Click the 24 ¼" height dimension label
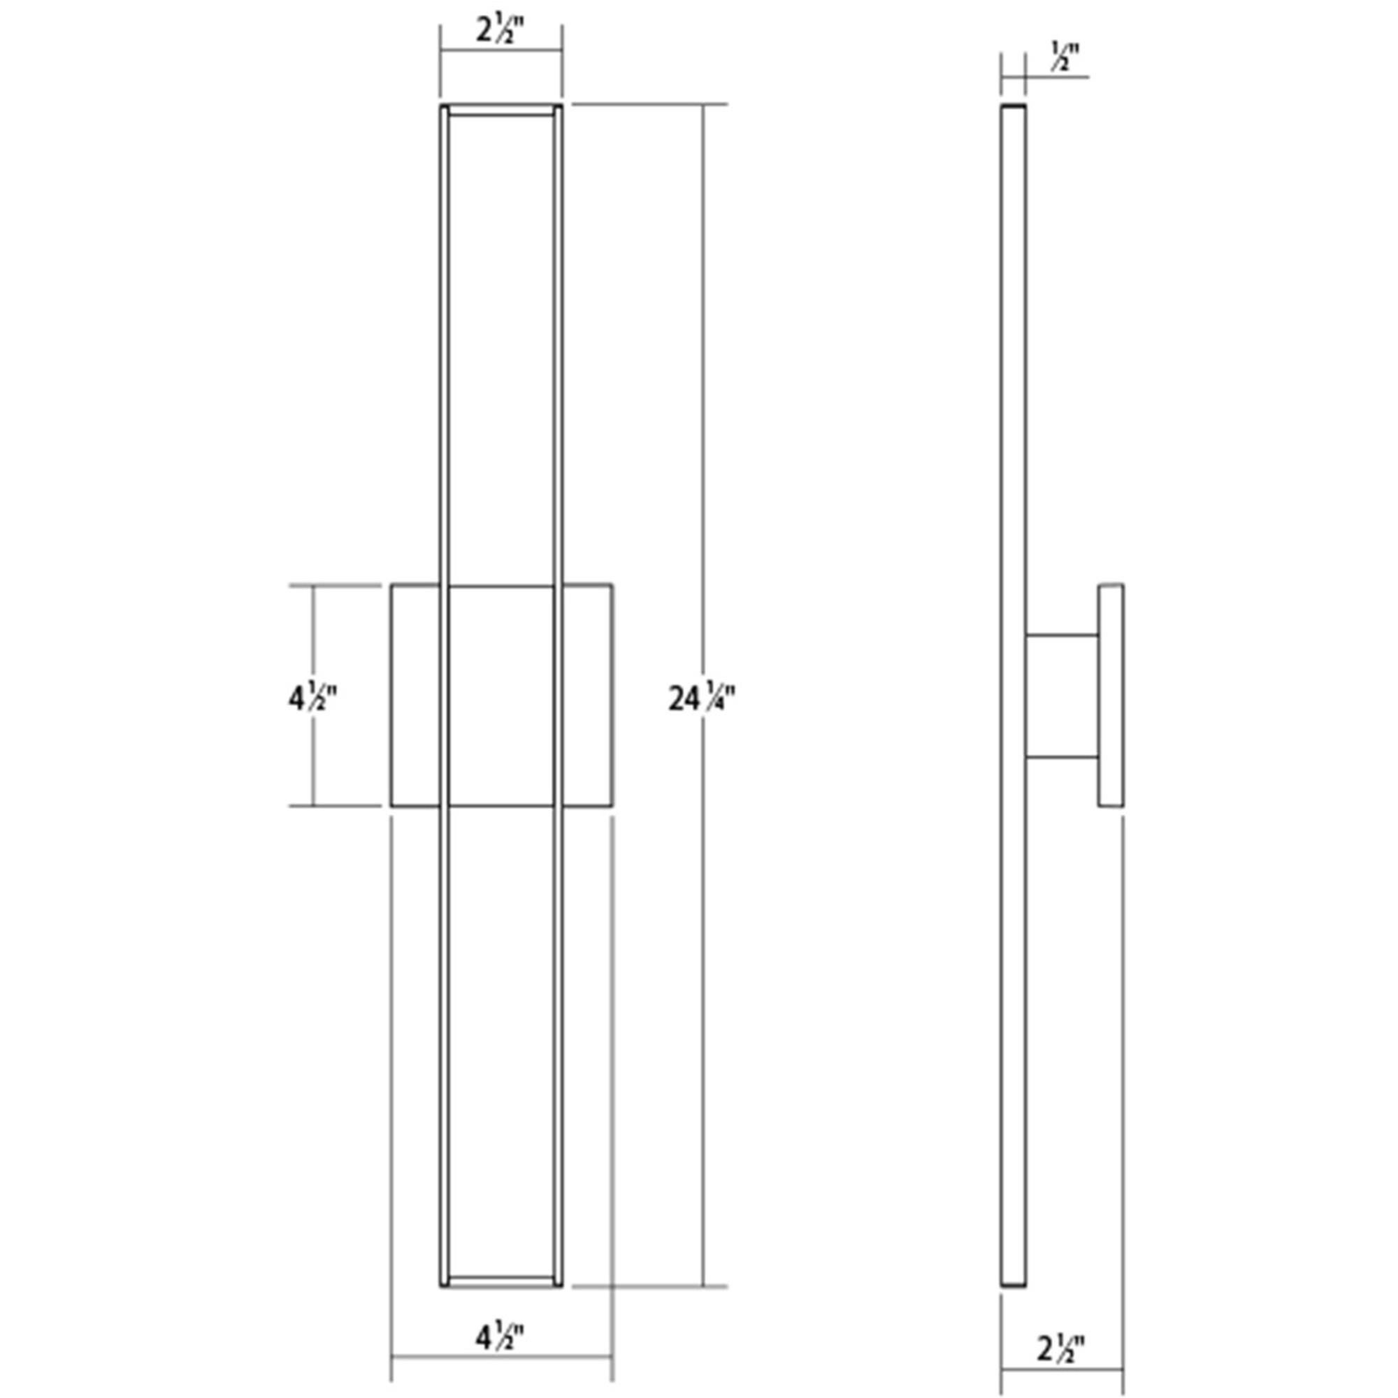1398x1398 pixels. pyautogui.click(x=701, y=699)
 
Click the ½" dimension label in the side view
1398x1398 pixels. pyautogui.click(x=1065, y=57)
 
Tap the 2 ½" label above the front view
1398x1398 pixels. pyautogui.click(x=500, y=30)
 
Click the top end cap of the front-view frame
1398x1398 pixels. pyautogui.click(x=501, y=109)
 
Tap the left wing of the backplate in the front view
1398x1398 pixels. pyautogui.click(x=415, y=695)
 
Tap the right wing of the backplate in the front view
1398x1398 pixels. pyautogui.click(x=588, y=695)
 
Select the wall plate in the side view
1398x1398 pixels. pyautogui.click(x=1111, y=695)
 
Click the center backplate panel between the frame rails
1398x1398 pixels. pyautogui.click(x=501, y=695)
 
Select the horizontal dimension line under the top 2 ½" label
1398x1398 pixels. pyautogui.click(x=501, y=50)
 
